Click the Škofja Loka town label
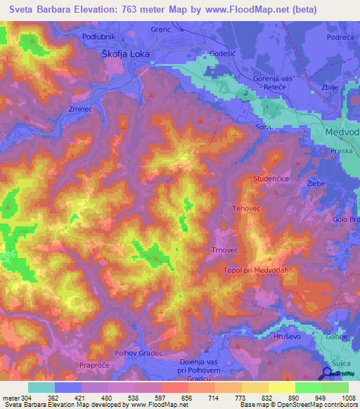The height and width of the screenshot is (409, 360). pyautogui.click(x=127, y=55)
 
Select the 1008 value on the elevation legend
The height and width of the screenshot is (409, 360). pyautogui.click(x=340, y=398)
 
